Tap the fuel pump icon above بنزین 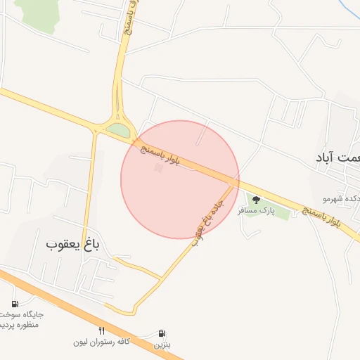163,333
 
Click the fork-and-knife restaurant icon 102,331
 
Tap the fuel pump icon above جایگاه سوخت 15,304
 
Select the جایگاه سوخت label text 25,314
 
